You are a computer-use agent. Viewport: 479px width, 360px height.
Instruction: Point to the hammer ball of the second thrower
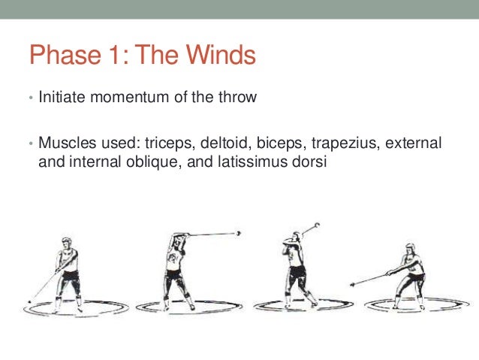tap(239, 233)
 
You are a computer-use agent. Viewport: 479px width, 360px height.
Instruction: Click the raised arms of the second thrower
tap(180, 241)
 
